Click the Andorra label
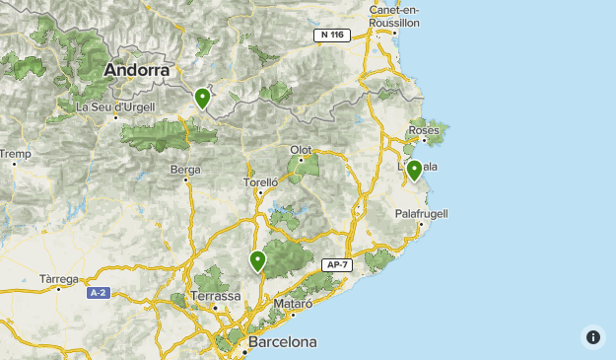click(137, 70)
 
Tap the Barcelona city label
click(283, 342)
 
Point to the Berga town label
click(185, 170)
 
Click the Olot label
click(301, 150)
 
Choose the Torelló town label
click(261, 181)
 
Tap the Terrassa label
click(215, 296)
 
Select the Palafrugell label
click(421, 213)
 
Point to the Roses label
click(423, 130)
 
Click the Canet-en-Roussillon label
click(394, 16)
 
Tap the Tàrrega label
click(59, 279)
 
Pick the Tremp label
click(15, 154)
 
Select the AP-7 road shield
click(336, 265)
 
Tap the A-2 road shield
click(98, 293)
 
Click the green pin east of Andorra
click(202, 99)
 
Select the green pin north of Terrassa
click(257, 261)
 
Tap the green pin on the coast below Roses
click(415, 170)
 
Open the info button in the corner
click(592, 337)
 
